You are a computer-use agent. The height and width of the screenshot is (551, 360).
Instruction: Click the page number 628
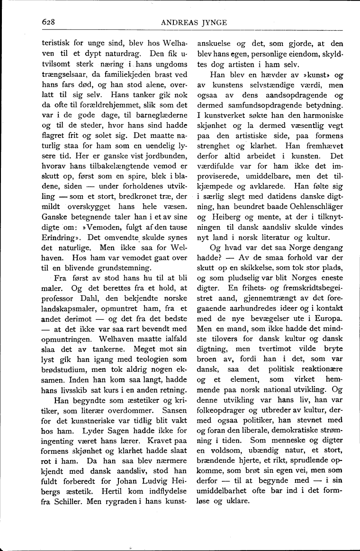point(49,21)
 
